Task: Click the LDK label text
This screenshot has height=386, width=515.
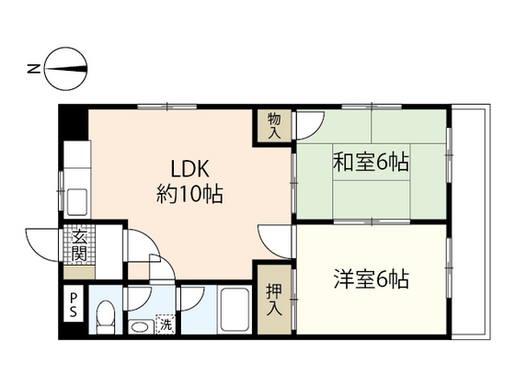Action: click(x=189, y=169)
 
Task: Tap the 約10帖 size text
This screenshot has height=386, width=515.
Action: click(x=189, y=194)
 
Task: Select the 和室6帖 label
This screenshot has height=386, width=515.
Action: click(x=372, y=162)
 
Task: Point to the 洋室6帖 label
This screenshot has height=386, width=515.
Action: click(x=372, y=279)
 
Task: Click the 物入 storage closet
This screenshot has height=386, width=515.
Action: click(x=274, y=126)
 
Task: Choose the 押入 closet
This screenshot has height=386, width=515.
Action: click(x=274, y=300)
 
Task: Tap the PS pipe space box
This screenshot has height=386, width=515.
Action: click(x=74, y=304)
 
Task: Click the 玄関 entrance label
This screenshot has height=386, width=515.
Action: click(x=79, y=244)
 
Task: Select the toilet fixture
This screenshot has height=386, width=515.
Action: click(x=106, y=317)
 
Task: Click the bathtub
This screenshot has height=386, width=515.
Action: click(x=235, y=310)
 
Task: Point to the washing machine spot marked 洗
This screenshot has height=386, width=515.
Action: click(x=166, y=324)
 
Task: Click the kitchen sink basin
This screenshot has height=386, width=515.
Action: click(x=77, y=202)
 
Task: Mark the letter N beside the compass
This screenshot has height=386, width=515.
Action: click(x=33, y=69)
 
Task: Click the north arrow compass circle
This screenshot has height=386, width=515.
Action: click(x=65, y=69)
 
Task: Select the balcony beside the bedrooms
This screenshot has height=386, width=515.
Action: click(x=471, y=221)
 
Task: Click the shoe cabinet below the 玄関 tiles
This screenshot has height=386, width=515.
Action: click(x=79, y=272)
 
